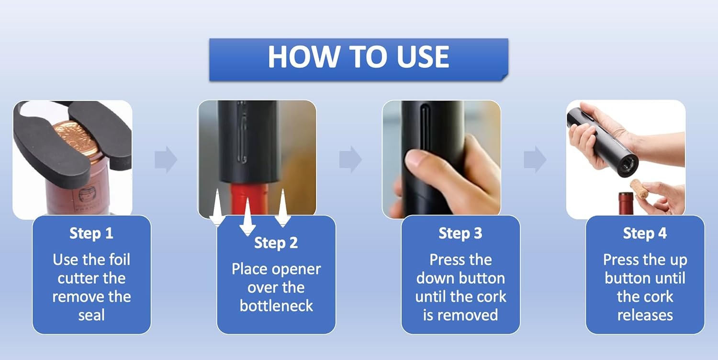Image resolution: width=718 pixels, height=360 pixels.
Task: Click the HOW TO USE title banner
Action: tap(359, 60)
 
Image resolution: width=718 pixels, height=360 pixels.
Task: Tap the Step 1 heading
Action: tap(91, 233)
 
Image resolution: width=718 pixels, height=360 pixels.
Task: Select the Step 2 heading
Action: tap(276, 243)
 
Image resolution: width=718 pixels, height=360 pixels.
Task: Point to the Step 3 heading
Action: tap(460, 233)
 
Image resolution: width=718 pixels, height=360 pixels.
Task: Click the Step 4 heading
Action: tap(645, 233)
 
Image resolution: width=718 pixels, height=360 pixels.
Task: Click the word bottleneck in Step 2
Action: tap(276, 306)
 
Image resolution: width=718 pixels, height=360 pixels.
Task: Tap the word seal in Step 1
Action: tap(92, 315)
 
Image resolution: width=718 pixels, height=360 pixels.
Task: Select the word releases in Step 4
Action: tap(645, 315)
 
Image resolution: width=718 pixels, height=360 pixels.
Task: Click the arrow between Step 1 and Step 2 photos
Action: tap(166, 159)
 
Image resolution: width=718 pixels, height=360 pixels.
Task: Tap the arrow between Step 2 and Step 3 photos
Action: tap(350, 159)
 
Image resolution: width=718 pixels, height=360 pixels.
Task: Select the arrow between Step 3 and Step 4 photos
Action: tap(535, 159)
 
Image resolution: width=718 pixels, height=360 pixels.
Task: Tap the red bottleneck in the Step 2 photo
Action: tap(249, 199)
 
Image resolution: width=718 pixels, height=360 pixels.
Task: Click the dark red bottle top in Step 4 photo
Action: tap(626, 203)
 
